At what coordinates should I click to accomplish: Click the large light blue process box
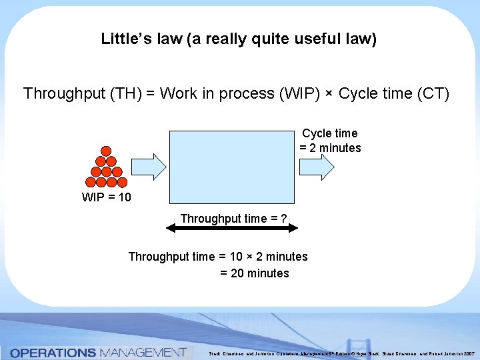[231, 166]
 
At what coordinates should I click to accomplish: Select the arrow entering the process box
[147, 167]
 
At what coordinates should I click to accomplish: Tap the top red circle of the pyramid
[106, 151]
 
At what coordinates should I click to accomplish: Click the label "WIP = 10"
[106, 197]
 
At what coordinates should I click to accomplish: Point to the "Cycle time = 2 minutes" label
[330, 141]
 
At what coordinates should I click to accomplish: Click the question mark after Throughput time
[284, 218]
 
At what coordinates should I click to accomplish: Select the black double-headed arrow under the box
[231, 228]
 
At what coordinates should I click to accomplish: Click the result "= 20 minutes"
[254, 273]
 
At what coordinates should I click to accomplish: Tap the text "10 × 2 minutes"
[269, 257]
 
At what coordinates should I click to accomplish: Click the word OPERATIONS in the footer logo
[53, 352]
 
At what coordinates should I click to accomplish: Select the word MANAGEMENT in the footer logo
[142, 352]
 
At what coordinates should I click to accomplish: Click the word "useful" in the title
[312, 39]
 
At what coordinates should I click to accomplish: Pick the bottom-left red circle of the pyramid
[91, 181]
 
